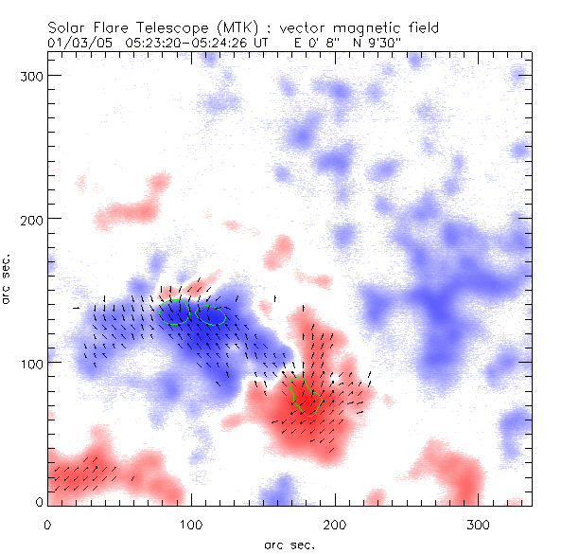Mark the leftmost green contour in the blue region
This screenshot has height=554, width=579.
[174, 312]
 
